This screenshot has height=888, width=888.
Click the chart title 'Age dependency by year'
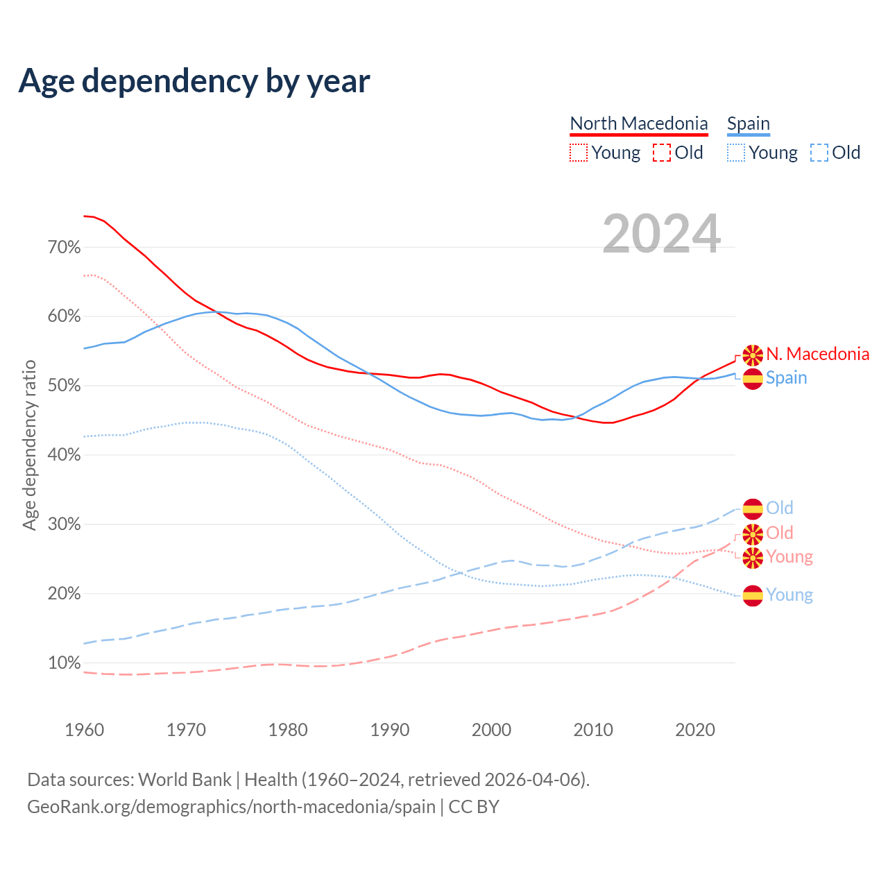[194, 81]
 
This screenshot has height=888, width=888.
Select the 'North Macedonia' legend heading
[638, 123]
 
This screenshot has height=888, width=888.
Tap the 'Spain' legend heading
[748, 123]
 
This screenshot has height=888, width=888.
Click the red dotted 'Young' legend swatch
[578, 153]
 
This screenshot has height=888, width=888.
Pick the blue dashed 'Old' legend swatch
[819, 153]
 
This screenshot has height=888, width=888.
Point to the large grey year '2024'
[661, 234]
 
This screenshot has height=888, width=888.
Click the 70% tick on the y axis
[64, 248]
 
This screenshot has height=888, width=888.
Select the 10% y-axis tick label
[64, 663]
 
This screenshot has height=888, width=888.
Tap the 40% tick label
[64, 455]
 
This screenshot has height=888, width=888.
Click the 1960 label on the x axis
[85, 730]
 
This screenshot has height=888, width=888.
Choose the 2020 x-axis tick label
[695, 730]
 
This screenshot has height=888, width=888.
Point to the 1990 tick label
[390, 730]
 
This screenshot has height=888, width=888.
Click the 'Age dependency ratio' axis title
[29, 445]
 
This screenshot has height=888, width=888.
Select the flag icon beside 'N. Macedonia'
[753, 355]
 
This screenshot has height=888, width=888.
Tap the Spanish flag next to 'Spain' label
[753, 379]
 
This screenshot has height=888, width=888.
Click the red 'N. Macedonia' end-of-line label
[817, 355]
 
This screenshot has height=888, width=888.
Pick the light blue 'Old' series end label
[779, 508]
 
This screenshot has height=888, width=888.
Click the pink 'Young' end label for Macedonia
[789, 556]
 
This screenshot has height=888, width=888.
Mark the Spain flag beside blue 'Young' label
[753, 595]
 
